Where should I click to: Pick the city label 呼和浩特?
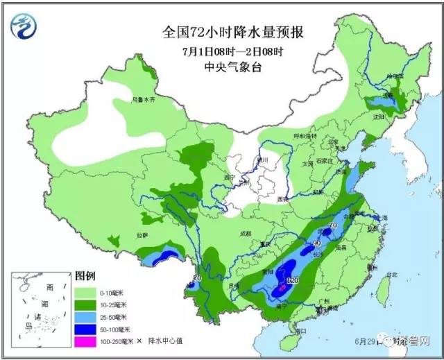pos(305,136)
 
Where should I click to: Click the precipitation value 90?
pos(316,243)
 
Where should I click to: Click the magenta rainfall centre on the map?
pos(282,286)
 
